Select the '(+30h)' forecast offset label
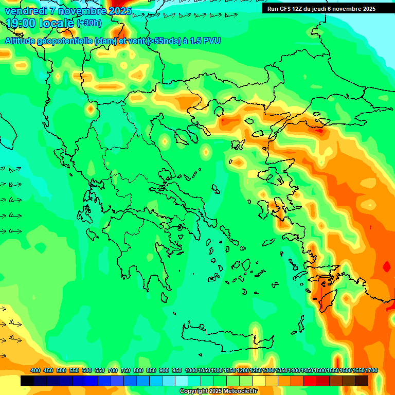point(89,23)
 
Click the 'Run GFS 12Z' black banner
point(321,9)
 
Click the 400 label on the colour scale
point(35,371)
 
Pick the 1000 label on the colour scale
point(191,371)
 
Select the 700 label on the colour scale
point(113,371)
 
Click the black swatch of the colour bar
point(27,381)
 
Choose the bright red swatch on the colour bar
point(310,381)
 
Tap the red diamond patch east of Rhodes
point(387,267)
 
